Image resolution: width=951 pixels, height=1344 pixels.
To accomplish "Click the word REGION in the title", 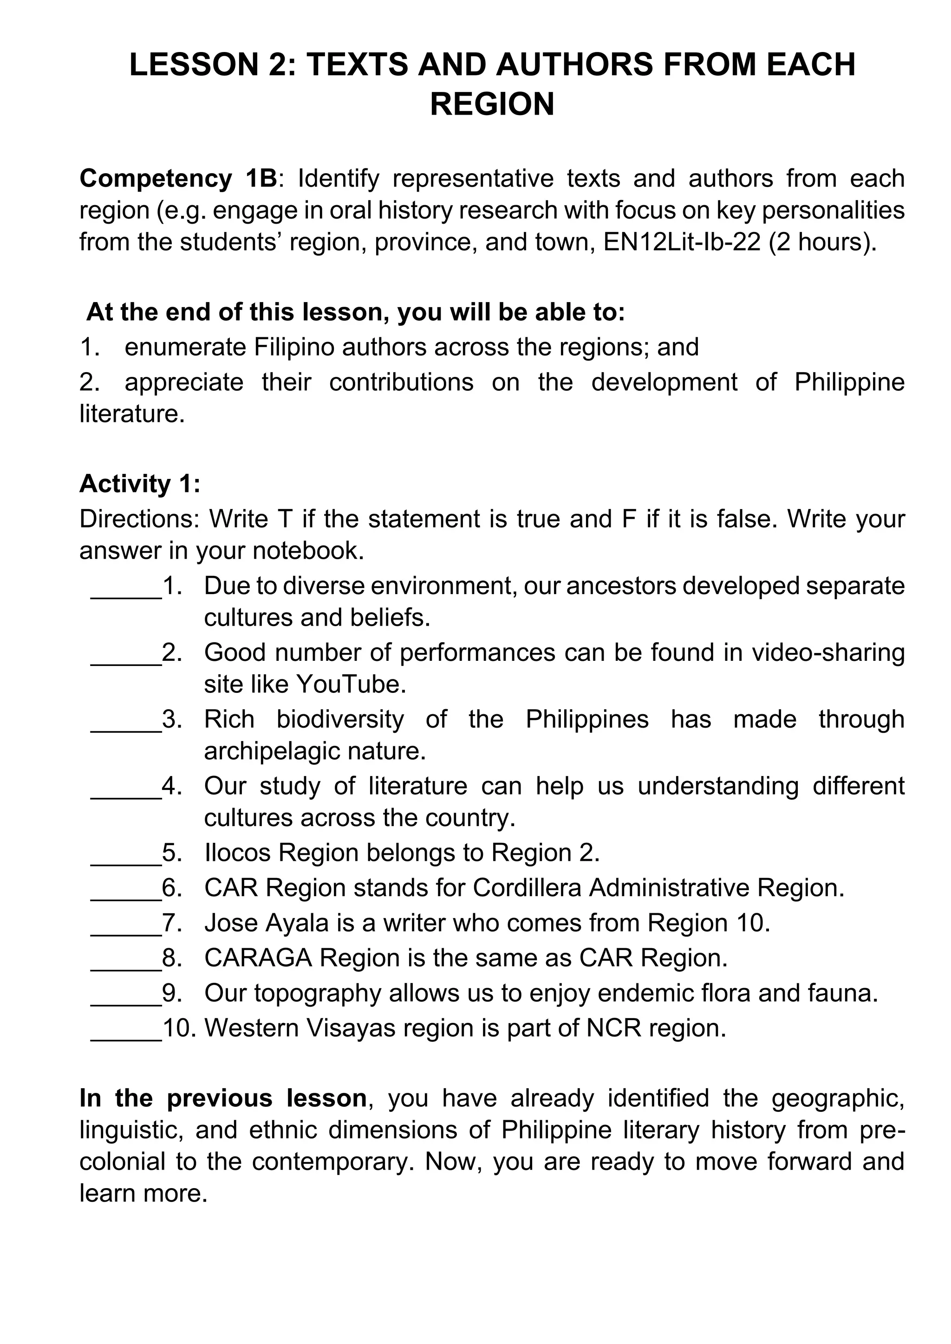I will click(x=492, y=105).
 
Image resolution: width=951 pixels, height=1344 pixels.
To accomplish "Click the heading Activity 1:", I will click(x=140, y=484).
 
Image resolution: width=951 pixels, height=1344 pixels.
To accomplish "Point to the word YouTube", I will click(x=351, y=684).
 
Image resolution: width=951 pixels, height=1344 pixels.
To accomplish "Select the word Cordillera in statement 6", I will click(x=527, y=888).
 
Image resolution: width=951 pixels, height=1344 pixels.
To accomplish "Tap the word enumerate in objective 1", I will click(x=186, y=347).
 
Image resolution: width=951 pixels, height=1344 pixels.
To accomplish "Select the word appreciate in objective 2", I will click(x=184, y=382).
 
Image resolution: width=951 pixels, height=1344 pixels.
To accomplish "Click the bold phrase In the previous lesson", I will click(x=223, y=1098).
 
